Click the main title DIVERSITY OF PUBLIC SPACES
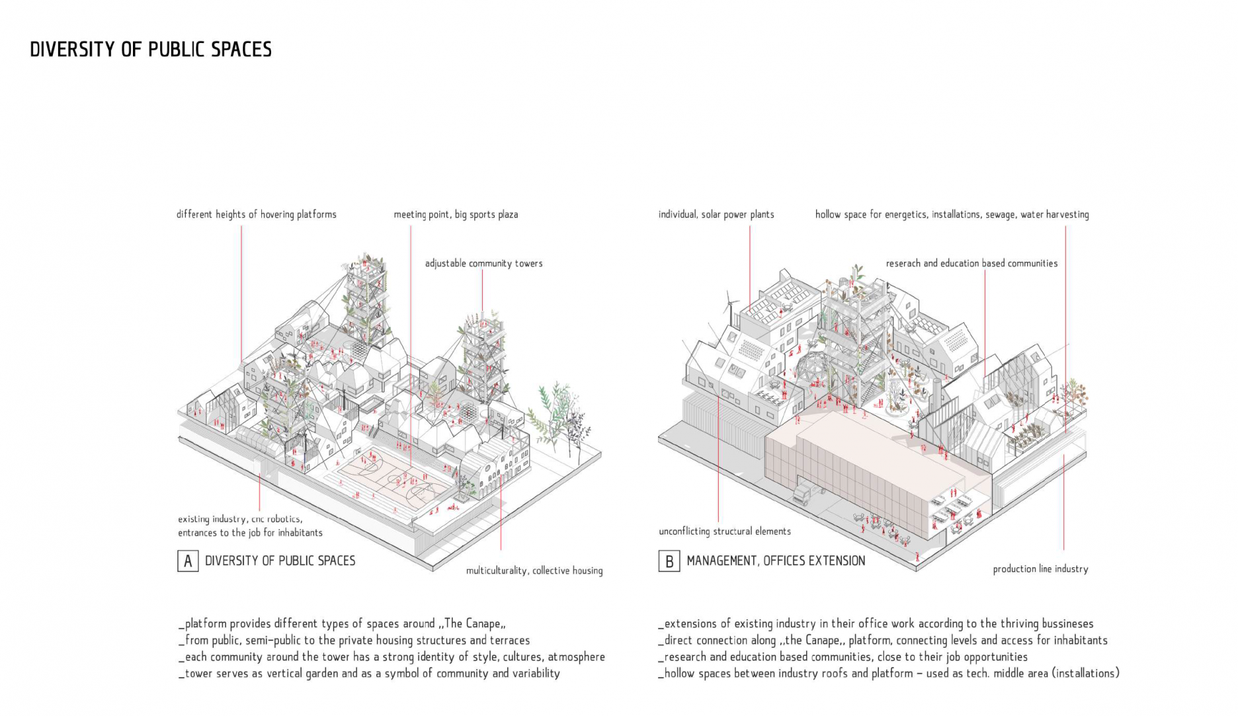click(151, 50)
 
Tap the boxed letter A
click(188, 561)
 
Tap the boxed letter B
click(669, 561)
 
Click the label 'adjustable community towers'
click(483, 263)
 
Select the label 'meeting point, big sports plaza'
click(456, 214)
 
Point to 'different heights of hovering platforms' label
click(256, 214)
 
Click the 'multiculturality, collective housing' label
click(534, 571)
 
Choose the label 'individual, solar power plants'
click(716, 214)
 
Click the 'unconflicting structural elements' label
click(724, 531)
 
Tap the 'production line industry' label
click(1040, 569)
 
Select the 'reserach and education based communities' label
click(971, 263)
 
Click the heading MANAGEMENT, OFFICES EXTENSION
click(775, 561)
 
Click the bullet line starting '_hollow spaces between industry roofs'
click(888, 674)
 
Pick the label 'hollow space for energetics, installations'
click(951, 214)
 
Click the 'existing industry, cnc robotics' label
click(249, 526)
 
